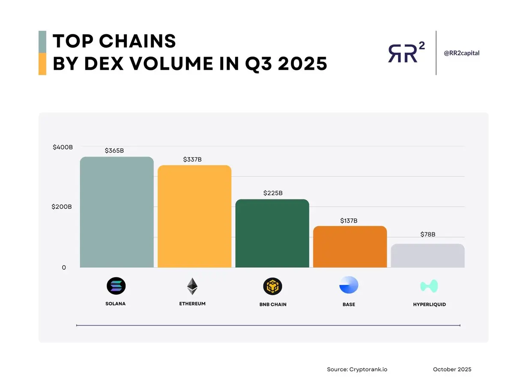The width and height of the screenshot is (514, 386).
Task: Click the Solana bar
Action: (117, 212)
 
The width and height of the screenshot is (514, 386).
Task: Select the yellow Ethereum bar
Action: (194, 217)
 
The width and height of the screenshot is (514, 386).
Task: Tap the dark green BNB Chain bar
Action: (272, 234)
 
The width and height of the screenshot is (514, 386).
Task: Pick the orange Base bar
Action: (350, 247)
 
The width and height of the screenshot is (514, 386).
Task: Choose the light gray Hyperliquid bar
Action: (427, 256)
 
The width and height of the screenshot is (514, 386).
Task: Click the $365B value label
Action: (114, 151)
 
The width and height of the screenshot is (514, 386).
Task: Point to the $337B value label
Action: (192, 160)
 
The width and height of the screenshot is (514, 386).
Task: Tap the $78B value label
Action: (427, 235)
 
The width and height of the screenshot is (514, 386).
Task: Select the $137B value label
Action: (349, 221)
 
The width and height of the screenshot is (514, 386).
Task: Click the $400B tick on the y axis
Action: (63, 147)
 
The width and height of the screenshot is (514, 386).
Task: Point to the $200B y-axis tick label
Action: (62, 207)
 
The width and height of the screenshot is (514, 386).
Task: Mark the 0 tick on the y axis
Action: (64, 268)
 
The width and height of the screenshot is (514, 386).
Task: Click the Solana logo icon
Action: (116, 286)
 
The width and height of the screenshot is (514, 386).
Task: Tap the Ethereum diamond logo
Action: (192, 286)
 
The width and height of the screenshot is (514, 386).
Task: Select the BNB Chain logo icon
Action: (273, 286)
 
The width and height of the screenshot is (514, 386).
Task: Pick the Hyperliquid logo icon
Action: (429, 286)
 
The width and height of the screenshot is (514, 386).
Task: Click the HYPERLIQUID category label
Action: (429, 305)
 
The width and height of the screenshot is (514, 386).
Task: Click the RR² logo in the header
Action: (406, 53)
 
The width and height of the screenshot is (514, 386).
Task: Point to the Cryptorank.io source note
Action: (357, 369)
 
